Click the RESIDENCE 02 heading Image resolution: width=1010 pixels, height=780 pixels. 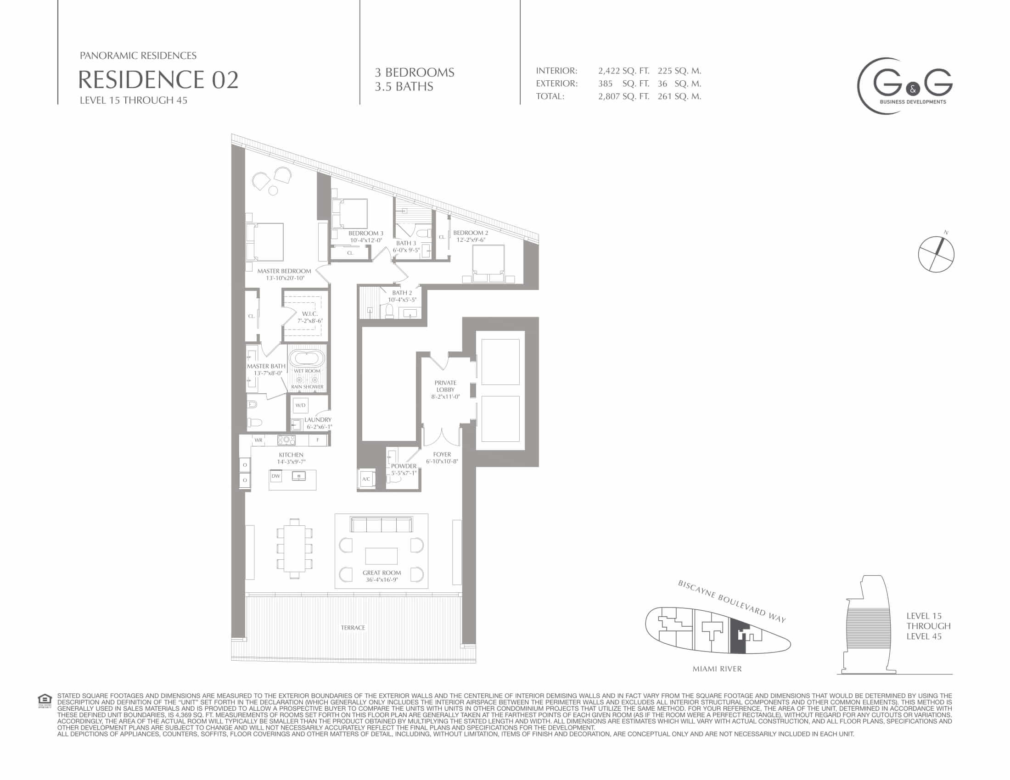pos(158,79)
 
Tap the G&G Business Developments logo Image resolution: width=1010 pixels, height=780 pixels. pos(904,86)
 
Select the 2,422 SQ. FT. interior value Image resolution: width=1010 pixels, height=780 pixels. pos(623,71)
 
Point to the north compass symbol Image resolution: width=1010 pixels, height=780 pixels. pos(936,253)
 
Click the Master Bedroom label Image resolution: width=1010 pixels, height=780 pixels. pos(285,271)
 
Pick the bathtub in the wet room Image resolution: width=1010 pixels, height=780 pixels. pos(307,359)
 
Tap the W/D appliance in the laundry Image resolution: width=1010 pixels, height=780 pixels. pos(301,405)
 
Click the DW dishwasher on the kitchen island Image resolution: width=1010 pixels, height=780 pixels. pos(276,476)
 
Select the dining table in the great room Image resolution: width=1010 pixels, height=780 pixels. pos(295,548)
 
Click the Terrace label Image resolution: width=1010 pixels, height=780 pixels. pos(353,628)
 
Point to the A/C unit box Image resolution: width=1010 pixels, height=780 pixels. pos(366,479)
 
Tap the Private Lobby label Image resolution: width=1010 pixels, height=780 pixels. pos(445,386)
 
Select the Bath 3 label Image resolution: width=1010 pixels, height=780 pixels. pos(406,243)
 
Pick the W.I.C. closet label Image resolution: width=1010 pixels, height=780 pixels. pos(310,314)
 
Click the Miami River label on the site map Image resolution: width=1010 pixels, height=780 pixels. pos(717,669)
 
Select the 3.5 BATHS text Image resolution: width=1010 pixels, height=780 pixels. pos(404,87)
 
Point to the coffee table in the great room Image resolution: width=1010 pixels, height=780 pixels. pos(382,556)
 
